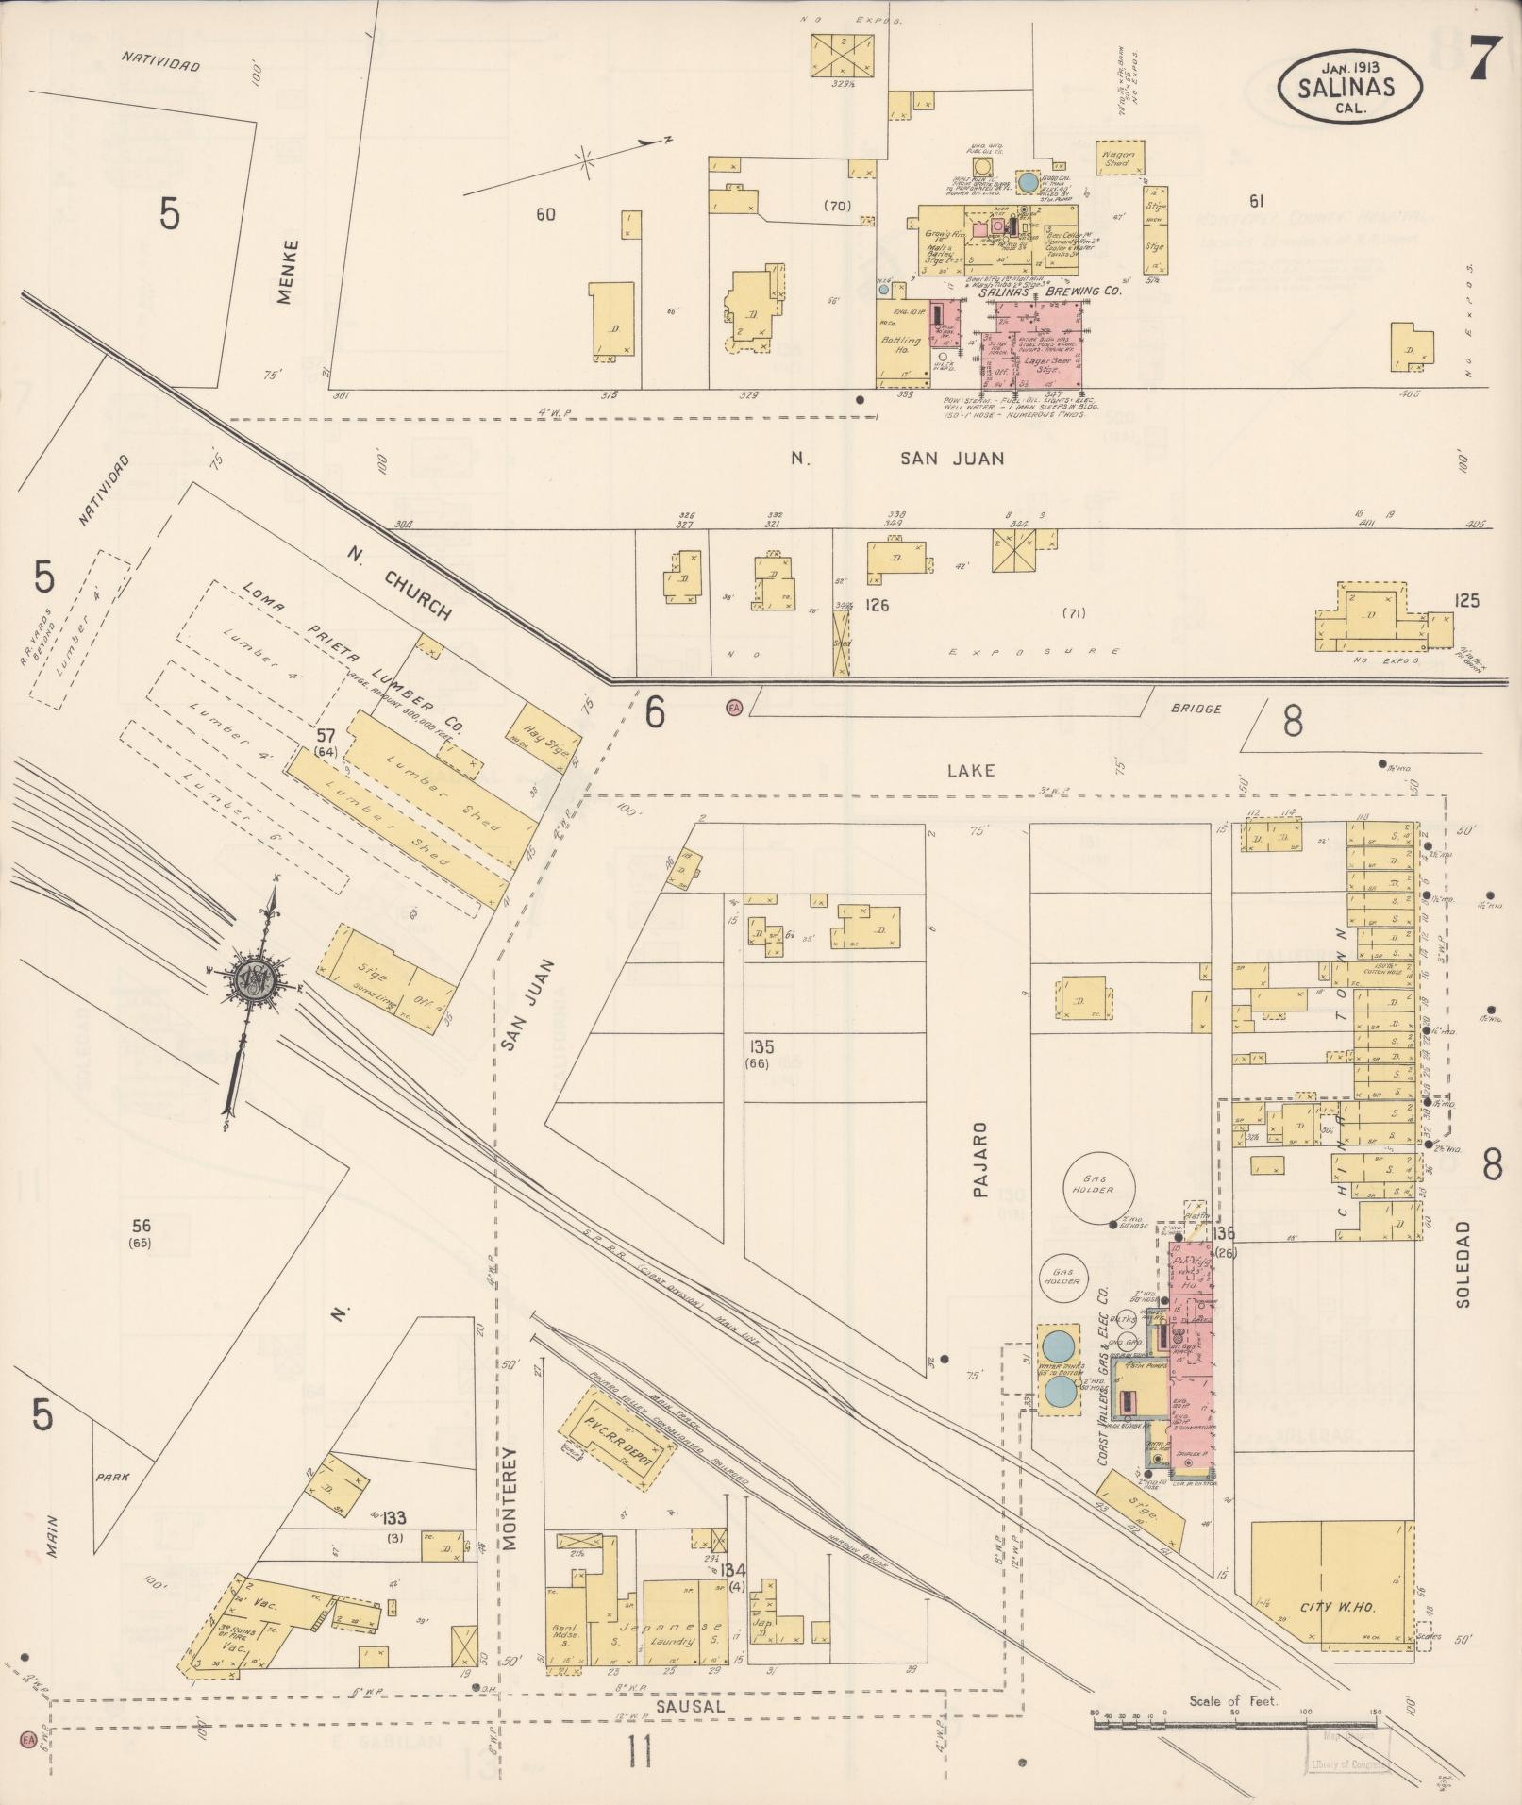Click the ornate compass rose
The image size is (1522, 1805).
click(253, 981)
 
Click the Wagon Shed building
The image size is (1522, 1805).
click(1119, 158)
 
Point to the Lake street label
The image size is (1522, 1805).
click(971, 770)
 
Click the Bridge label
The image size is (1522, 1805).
click(1196, 709)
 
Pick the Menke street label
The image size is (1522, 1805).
click(287, 271)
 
